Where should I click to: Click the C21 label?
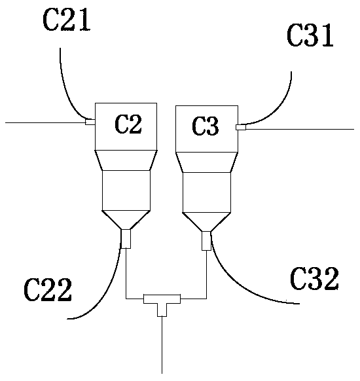(67, 20)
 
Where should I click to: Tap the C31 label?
(310, 35)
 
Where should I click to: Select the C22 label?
(48, 290)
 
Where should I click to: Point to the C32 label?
(314, 278)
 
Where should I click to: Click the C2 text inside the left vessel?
(128, 124)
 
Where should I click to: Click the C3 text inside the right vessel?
(206, 126)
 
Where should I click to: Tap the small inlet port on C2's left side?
(90, 122)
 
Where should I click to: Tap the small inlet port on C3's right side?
(241, 127)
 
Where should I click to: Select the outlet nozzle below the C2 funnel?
(126, 239)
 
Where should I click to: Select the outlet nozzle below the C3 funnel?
(206, 241)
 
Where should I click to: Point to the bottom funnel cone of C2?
(126, 220)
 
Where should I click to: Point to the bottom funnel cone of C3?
(206, 222)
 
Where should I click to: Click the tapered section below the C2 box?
(126, 160)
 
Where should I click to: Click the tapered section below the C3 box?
(206, 162)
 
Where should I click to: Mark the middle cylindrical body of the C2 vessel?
(126, 190)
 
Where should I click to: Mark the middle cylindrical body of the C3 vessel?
(206, 192)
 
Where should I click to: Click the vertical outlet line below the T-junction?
(162, 345)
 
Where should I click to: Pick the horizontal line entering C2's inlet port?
(45, 122)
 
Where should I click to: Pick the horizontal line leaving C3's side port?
(300, 129)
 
